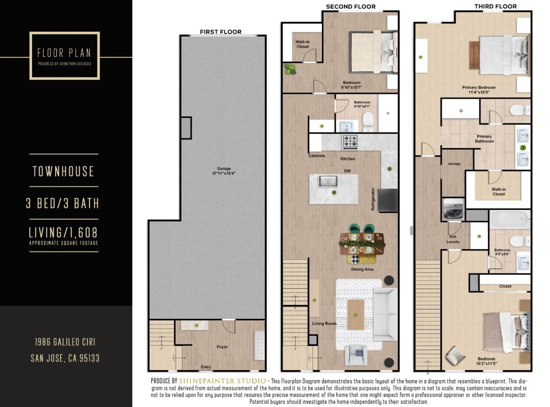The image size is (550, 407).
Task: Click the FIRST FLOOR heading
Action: [x=220, y=32]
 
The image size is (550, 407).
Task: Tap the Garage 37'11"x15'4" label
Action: [x=224, y=171]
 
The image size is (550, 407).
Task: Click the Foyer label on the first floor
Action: [x=222, y=347]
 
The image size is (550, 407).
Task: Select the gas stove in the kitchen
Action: [x=350, y=142]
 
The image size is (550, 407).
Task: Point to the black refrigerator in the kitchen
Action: [x=388, y=200]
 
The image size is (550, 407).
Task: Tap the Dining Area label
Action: [x=362, y=269]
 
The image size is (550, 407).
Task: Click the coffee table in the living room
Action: [x=356, y=314]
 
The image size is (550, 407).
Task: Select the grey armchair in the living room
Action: [x=356, y=355]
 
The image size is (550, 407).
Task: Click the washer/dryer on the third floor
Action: [x=453, y=210]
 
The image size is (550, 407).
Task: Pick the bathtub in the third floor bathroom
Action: [x=510, y=220]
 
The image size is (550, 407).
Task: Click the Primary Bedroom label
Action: [x=479, y=90]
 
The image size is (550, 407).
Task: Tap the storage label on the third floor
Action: [x=454, y=163]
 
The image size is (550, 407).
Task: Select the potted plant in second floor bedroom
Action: [x=290, y=69]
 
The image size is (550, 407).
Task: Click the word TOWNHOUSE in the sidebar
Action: [x=63, y=171]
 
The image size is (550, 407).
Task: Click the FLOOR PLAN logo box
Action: [x=64, y=56]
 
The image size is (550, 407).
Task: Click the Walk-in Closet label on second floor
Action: [x=302, y=44]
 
